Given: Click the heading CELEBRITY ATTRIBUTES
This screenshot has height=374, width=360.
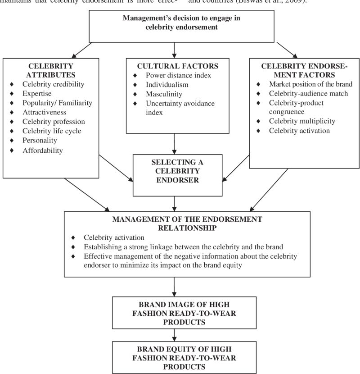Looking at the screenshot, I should click(x=51, y=70).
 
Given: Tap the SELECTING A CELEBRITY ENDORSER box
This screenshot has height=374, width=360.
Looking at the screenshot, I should click(x=174, y=175).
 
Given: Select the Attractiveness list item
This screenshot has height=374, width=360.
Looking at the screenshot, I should click(x=44, y=112).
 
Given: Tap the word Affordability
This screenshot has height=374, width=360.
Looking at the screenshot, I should click(x=43, y=151).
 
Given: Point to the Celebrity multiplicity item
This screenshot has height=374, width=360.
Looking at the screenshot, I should click(x=302, y=121).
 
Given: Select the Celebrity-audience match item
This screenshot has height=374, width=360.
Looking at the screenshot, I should click(x=304, y=93).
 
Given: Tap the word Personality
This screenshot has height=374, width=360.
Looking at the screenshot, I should click(x=40, y=141).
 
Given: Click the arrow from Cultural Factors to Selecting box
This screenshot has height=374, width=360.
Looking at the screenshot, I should click(x=174, y=144).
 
